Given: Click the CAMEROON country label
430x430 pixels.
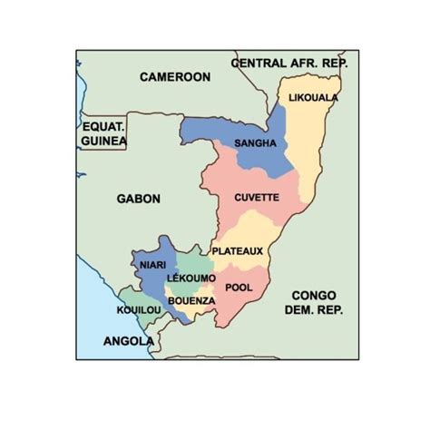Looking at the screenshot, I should [174, 78].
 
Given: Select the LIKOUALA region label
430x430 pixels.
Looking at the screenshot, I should [313, 97].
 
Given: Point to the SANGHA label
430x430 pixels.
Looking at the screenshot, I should [255, 143].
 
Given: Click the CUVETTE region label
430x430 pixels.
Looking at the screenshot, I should [256, 197].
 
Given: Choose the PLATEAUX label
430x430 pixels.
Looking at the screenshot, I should [238, 250].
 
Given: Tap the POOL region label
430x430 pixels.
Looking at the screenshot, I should [238, 288].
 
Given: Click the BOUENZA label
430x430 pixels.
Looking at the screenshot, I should [191, 300].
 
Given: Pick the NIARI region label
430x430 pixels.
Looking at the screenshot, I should [151, 264].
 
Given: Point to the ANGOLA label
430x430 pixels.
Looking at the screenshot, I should [128, 341].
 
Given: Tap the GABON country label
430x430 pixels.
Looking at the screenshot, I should [139, 198].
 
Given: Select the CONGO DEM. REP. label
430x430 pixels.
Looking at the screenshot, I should [314, 303].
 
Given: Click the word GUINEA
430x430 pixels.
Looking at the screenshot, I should [103, 142].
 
